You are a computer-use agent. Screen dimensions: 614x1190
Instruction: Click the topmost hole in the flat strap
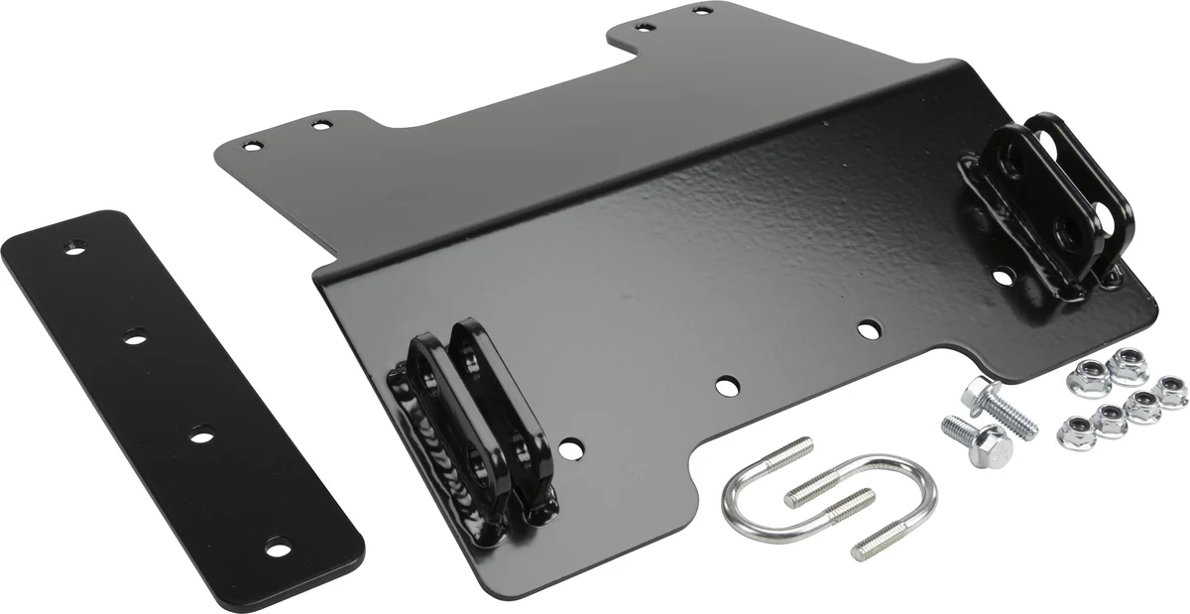pos(72,248)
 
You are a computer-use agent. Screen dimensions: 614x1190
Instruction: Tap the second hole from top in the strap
pos(132,338)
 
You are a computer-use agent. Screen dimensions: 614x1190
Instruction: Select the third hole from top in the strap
pos(201,433)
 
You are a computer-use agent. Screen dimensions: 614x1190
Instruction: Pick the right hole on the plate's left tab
pos(319,124)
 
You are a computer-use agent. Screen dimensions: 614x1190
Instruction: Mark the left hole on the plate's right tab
pos(644,27)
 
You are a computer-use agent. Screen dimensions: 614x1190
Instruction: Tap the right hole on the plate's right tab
pos(703,10)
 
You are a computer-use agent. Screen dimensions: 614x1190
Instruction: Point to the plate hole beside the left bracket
pos(569,450)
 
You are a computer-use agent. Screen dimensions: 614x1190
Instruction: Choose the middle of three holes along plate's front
pos(726,384)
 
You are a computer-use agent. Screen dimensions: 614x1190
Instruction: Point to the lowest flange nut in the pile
pos(1076,429)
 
